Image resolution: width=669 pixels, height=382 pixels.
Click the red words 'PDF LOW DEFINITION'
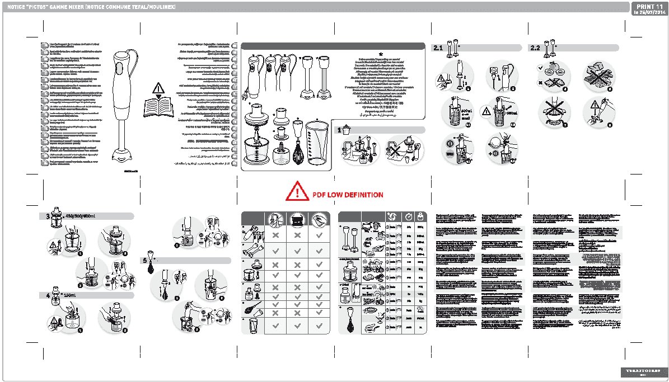point(352,195)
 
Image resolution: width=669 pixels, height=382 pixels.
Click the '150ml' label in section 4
point(69,295)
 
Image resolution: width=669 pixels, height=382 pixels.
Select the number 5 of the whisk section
point(144,261)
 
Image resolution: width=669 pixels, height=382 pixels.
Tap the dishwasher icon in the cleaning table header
point(297,219)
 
